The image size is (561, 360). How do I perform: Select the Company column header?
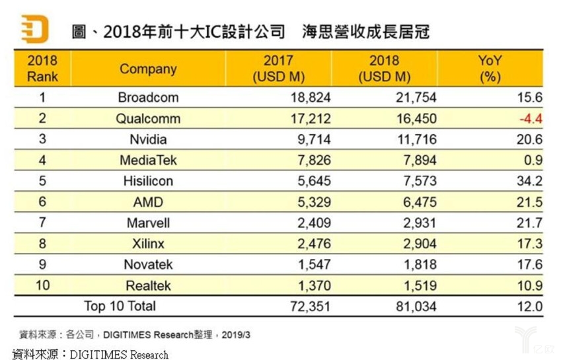148,69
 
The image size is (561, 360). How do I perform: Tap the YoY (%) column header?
490,69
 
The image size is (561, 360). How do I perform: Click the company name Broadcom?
148,98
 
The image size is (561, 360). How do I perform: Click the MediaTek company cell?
148,161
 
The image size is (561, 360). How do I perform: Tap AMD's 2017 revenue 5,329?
311,202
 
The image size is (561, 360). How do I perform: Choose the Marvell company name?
148,223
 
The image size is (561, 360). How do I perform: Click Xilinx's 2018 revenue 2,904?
418,244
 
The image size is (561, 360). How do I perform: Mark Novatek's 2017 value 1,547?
311,265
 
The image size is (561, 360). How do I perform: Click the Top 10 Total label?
120,306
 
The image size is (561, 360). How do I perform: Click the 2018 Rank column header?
42,69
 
